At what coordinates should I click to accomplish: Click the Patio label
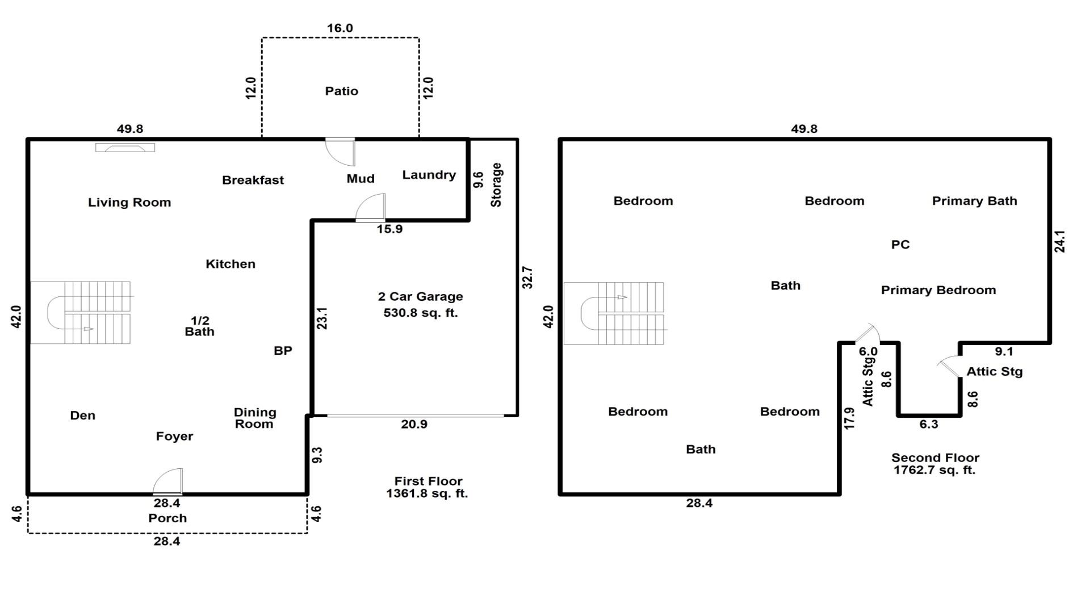coord(341,91)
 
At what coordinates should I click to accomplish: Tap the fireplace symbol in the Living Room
coord(125,148)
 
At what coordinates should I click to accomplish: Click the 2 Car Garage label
coord(420,296)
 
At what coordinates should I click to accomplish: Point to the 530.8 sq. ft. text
coord(420,313)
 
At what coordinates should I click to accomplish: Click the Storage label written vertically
coord(496,185)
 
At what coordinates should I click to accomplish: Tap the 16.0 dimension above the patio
coord(340,28)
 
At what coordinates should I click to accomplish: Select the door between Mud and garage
coord(371,208)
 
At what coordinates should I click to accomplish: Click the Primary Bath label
coord(974,201)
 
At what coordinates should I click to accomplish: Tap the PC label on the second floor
coord(900,245)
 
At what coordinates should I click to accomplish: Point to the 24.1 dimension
coord(1059,241)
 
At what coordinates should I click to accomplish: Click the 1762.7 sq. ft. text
coord(934,470)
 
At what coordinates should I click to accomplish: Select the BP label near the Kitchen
coord(283,351)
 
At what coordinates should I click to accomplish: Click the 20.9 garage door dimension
coord(414,424)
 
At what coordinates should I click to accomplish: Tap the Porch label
coord(167,518)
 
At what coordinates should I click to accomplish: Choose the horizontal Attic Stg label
coord(994,372)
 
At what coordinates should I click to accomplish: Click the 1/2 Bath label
coord(199,326)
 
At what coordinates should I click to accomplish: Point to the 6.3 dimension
coord(928,424)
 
